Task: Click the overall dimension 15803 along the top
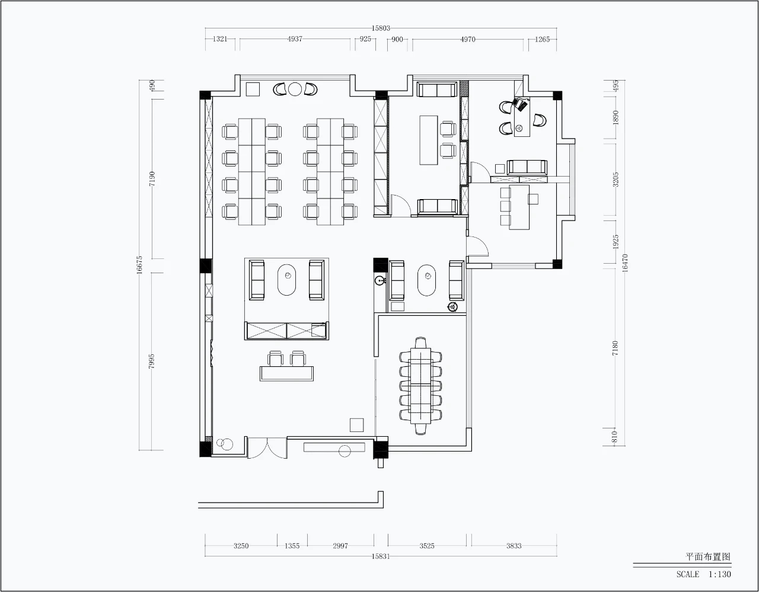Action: coord(380,28)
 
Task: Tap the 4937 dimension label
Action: coord(295,39)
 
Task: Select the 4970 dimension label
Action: coord(468,40)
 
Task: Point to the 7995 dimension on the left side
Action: coord(151,361)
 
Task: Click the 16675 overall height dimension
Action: coord(139,265)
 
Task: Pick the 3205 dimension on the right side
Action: coord(616,180)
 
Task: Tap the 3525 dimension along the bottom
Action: coord(427,546)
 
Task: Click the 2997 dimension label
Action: coord(340,546)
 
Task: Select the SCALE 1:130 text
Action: coord(703,574)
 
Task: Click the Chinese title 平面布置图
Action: coord(709,557)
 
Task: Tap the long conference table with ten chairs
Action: coord(420,386)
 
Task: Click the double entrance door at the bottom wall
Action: coord(267,448)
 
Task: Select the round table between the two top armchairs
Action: coord(295,89)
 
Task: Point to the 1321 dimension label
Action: coord(220,39)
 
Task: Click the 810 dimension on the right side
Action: coord(615,437)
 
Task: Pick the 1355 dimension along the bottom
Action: coord(292,546)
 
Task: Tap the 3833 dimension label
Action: coord(514,546)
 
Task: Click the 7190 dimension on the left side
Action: coord(152,179)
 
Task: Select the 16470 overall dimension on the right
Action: coord(625,263)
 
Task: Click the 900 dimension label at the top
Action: coord(397,40)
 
